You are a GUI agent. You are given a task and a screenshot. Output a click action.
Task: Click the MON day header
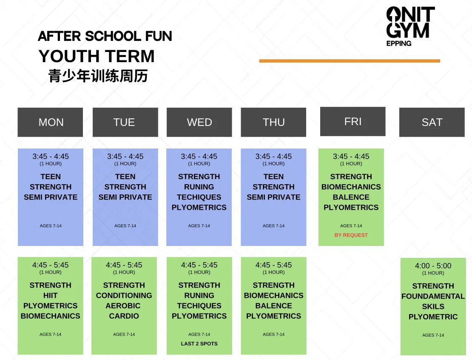(50, 122)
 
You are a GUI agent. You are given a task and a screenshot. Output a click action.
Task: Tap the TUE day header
(125, 122)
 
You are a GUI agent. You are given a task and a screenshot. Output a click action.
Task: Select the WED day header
(199, 122)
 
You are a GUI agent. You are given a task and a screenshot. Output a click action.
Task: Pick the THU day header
(273, 122)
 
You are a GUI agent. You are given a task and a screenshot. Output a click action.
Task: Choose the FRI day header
(353, 121)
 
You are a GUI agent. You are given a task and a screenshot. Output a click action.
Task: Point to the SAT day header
(432, 122)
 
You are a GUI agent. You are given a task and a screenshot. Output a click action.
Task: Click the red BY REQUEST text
(351, 235)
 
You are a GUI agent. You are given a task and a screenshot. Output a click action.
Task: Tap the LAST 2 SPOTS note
(199, 344)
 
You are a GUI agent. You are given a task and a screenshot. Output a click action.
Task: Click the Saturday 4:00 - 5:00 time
(433, 266)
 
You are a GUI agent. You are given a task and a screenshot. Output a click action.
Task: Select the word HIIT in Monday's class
(50, 295)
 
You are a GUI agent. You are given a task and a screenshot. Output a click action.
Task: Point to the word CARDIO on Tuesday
(124, 316)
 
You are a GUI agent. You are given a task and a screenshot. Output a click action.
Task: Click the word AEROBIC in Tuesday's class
(123, 306)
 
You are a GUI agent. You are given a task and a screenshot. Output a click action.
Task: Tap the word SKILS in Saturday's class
(433, 307)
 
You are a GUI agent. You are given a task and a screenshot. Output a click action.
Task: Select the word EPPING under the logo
(399, 43)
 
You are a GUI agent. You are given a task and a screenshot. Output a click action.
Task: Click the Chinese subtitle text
(98, 76)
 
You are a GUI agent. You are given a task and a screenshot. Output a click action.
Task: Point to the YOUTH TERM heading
(97, 56)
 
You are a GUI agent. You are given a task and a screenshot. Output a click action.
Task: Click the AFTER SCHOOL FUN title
(105, 36)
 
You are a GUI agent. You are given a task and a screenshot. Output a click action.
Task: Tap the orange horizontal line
(350, 61)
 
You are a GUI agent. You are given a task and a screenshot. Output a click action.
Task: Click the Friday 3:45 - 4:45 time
(351, 156)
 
